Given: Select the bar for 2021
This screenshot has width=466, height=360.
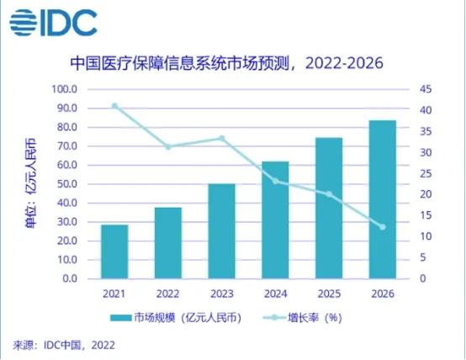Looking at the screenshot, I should point(114,251).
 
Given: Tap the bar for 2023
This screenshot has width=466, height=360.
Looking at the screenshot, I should point(222,230).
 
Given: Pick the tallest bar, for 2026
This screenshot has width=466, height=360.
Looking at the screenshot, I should point(382,199).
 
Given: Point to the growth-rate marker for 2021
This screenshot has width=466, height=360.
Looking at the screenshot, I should point(114,106).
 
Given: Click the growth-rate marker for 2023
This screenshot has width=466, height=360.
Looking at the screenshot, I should point(222,138).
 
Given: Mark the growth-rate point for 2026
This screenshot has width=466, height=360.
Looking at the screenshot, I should point(382,226).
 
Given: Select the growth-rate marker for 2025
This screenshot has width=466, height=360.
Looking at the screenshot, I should point(329,194).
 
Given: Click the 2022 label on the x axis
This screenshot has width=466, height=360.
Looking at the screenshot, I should point(168,294).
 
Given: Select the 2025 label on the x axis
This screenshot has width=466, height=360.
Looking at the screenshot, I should point(329,294).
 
